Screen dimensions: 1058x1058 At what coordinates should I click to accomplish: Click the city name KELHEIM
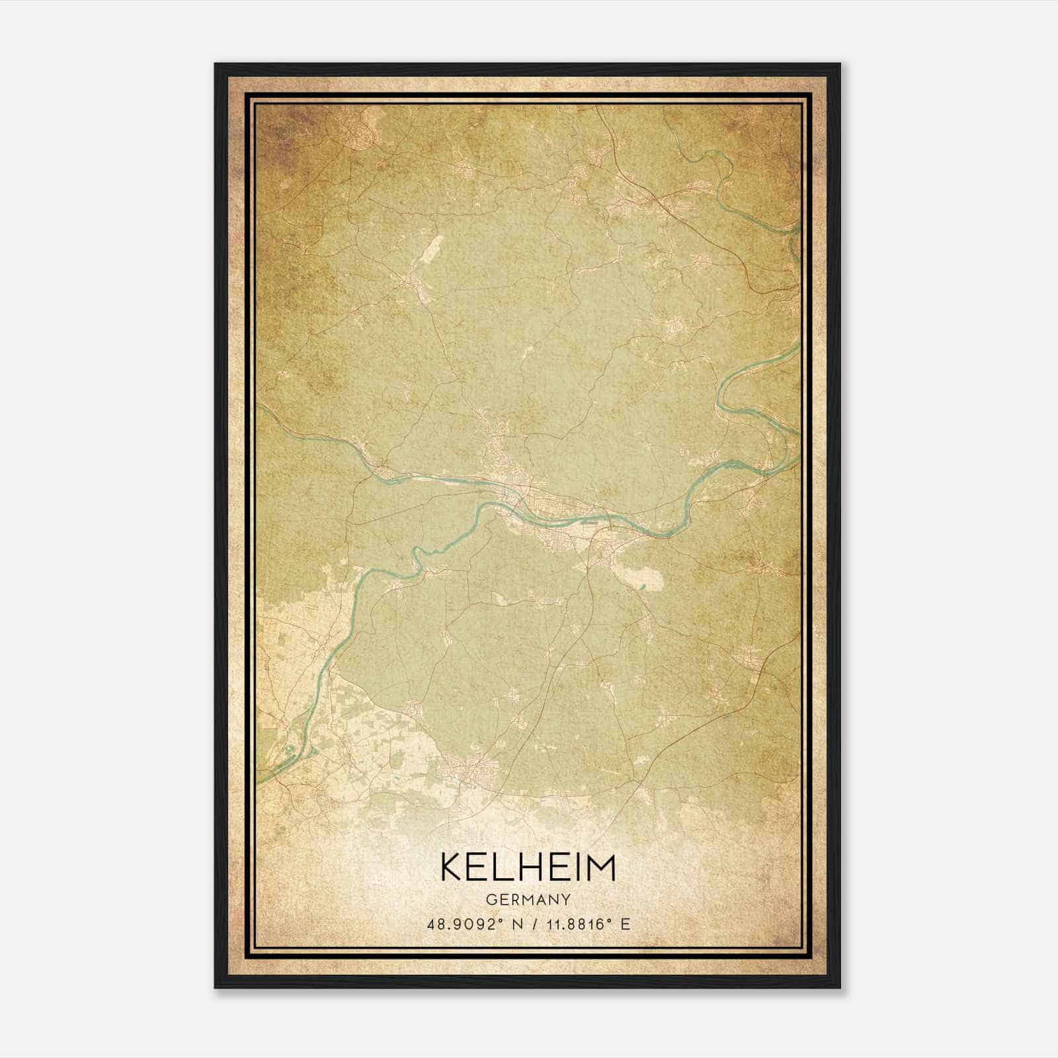[x=528, y=867]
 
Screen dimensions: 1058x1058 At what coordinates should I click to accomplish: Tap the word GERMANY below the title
[x=528, y=899]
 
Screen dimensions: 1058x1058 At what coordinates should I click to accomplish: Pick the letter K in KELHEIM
[x=452, y=867]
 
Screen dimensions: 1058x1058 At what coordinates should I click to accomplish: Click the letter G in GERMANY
[x=491, y=899]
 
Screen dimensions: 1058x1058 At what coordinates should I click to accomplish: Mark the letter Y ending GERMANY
[x=566, y=899]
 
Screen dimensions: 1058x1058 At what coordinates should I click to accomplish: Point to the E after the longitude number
[x=625, y=924]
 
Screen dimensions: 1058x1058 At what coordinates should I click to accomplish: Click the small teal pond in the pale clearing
[x=641, y=585]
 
